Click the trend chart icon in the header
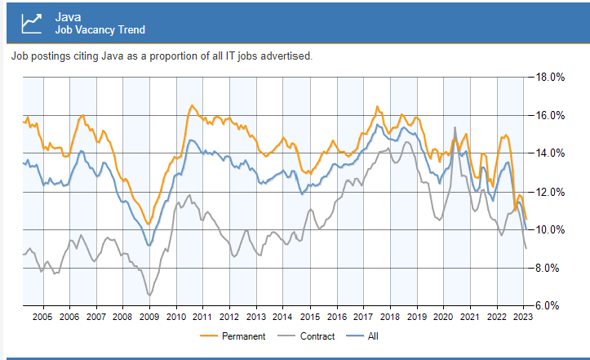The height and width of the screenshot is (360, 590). point(32,22)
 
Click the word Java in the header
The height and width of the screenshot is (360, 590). point(69,16)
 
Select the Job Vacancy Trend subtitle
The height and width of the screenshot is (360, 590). point(100,30)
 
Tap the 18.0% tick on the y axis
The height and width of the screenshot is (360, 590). point(549,78)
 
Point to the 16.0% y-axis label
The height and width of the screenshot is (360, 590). point(549,115)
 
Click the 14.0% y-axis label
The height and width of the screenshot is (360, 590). point(549,153)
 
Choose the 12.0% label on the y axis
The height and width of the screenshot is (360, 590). point(549,192)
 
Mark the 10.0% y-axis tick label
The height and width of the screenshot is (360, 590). point(549,229)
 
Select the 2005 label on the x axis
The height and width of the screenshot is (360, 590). point(42,317)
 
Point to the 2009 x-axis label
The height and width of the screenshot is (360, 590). point(149,317)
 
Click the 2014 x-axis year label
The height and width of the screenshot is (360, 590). point(282,317)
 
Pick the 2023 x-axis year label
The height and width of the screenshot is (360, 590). point(523,317)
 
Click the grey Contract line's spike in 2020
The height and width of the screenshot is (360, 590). point(455,127)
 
